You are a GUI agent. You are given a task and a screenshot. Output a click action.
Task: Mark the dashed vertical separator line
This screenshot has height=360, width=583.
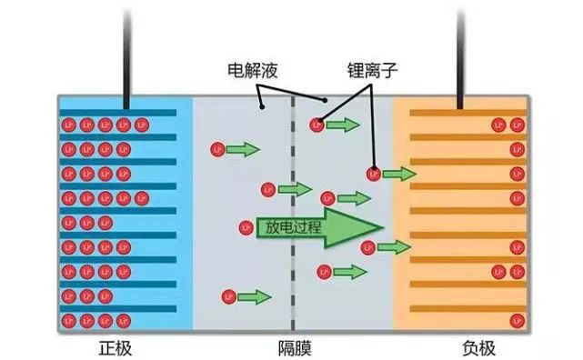pos(293,273)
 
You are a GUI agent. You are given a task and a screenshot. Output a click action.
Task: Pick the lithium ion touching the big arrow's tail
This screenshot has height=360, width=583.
pos(245,228)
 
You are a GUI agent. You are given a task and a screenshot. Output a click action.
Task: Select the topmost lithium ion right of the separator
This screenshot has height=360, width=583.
pos(317,124)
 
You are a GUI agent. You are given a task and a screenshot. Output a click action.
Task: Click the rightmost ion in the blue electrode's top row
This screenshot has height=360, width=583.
pos(141,125)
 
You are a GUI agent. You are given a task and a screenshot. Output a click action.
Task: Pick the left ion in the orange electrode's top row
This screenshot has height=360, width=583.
pos(498,125)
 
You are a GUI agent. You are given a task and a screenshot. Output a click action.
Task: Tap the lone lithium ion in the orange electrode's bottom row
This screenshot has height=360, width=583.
pos(517,320)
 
